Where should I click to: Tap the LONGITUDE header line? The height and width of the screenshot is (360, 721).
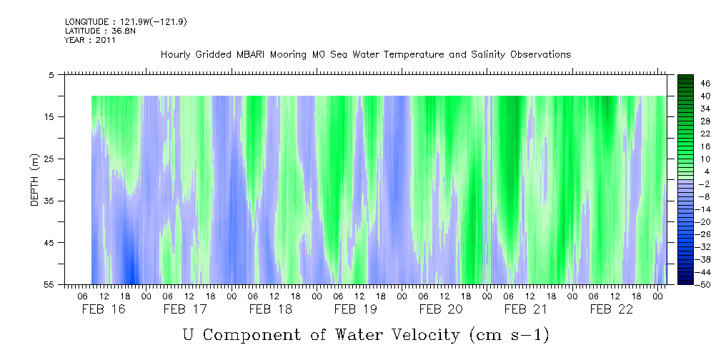point(126,22)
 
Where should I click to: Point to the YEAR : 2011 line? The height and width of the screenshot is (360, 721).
point(90,40)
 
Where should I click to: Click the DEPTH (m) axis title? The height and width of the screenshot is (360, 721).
point(35,180)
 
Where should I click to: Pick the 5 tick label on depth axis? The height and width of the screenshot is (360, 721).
point(51,75)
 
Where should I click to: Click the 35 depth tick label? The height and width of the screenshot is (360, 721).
point(48,201)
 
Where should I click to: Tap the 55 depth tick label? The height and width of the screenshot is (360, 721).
point(48,284)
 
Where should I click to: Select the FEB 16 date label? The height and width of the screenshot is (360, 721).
point(104,309)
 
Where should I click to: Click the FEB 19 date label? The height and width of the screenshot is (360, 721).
point(356,309)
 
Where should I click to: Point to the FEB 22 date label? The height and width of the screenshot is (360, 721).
point(611,309)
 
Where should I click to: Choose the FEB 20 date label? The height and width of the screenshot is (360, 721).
point(441,309)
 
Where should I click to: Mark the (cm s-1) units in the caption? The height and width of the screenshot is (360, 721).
point(509,335)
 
